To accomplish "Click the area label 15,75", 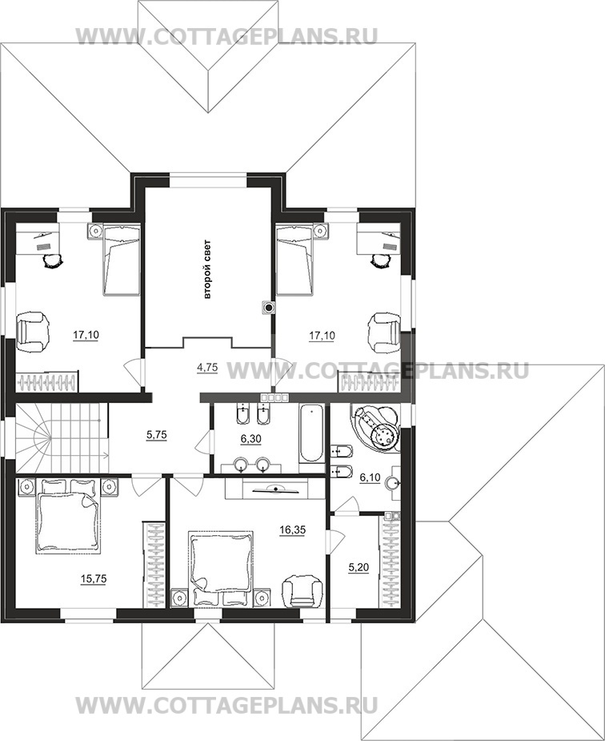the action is [94, 579].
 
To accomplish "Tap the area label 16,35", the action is [293, 530].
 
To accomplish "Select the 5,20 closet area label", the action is [359, 567].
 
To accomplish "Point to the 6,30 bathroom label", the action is [251, 439].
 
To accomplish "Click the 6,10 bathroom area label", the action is [370, 477].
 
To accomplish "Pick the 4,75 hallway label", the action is [207, 367].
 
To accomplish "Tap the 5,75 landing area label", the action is [157, 434].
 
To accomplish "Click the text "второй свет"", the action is [207, 270].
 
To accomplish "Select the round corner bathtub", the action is [376, 427].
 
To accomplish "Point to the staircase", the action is [62, 437].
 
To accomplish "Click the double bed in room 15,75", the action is [69, 516].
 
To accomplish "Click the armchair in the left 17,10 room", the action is [33, 332].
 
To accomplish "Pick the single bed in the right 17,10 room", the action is [294, 260].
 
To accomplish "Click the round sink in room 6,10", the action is [393, 483].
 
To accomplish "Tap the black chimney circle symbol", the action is [269, 308].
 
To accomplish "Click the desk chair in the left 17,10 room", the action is [52, 260].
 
